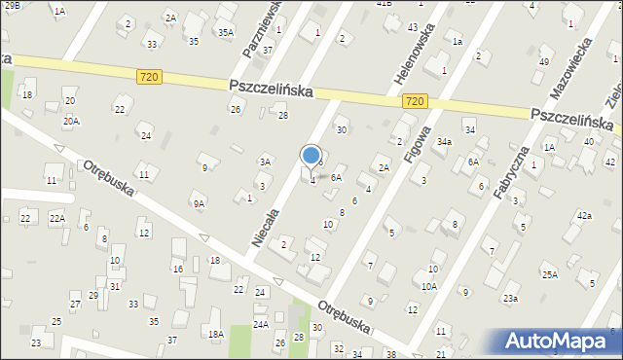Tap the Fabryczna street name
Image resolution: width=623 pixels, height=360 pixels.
click(510, 174)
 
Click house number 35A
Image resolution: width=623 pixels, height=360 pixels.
click(225, 32)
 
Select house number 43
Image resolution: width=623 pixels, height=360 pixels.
click(413, 26)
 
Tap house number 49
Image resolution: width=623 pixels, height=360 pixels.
click(543, 62)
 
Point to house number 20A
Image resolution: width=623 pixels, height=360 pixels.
click(71, 121)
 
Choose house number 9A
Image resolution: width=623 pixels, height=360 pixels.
click(198, 203)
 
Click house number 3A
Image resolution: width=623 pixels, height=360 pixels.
click(265, 162)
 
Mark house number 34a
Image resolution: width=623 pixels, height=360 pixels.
click(444, 141)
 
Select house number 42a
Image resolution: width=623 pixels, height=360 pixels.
click(584, 215)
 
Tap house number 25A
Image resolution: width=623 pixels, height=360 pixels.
click(550, 274)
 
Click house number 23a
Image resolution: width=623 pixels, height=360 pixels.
click(510, 298)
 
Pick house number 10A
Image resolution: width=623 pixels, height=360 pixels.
click(428, 286)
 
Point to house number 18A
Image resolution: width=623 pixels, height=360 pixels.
click(215, 334)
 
